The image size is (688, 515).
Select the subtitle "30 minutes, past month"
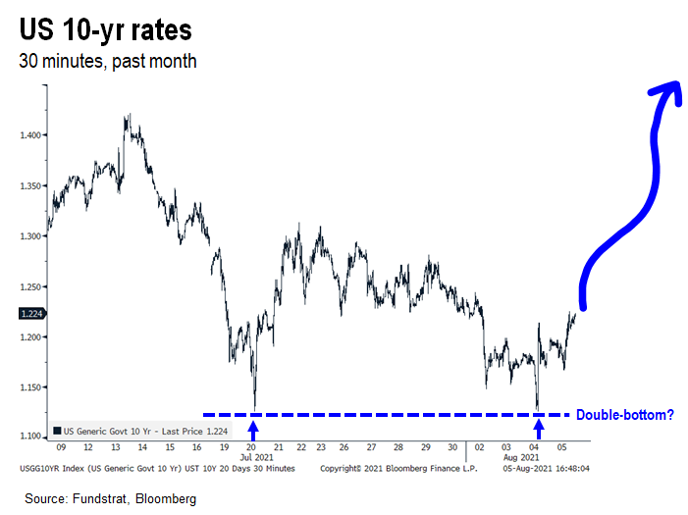click(x=108, y=61)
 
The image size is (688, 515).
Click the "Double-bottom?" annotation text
click(x=624, y=415)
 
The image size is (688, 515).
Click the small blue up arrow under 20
click(x=254, y=428)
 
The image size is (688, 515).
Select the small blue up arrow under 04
click(x=538, y=428)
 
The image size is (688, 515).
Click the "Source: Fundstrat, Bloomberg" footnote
click(x=111, y=499)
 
